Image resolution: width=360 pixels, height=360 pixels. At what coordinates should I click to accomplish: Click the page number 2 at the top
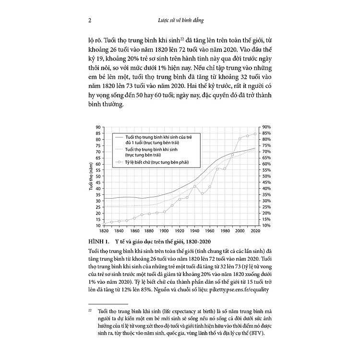[x=90, y=20]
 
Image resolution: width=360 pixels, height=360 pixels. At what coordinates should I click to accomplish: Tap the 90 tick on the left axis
[x=97, y=127]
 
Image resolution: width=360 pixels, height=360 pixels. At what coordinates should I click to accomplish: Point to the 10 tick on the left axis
[x=97, y=226]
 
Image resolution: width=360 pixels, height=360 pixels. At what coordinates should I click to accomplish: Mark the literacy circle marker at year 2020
[x=254, y=134]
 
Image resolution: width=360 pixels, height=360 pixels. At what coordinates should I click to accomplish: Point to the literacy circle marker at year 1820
[x=104, y=223]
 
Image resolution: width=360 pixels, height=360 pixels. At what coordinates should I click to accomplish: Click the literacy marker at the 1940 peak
[x=194, y=186]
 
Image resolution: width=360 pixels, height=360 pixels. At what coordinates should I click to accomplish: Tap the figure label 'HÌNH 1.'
[x=100, y=241]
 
